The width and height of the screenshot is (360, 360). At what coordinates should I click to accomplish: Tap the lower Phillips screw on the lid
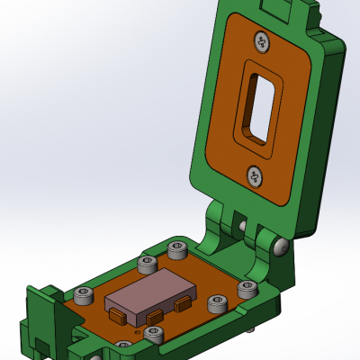tap(255, 175)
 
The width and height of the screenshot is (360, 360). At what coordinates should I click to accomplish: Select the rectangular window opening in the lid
tap(257, 106)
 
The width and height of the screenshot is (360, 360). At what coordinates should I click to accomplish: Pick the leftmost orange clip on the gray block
tap(117, 316)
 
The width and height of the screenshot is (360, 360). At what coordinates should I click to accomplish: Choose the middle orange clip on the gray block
tap(155, 316)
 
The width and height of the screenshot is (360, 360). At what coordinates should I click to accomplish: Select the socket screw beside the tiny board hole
tap(153, 335)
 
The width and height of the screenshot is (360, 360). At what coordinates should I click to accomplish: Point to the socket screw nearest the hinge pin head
tap(247, 288)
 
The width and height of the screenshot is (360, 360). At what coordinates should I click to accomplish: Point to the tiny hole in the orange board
tap(135, 331)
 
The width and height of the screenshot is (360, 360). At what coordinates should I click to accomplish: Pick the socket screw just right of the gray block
tap(217, 304)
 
